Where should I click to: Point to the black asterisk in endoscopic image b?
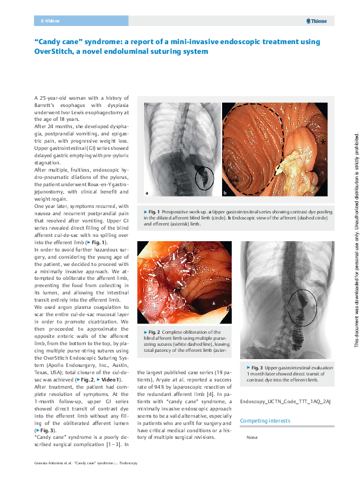coord(324,141)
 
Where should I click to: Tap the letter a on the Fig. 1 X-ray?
coord(147,193)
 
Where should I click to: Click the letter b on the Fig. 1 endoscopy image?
coord(225,193)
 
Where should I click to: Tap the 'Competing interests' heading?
coord(265,420)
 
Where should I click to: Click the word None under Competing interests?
coord(252,436)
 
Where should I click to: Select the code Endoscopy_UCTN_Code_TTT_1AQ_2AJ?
coord(277,401)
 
